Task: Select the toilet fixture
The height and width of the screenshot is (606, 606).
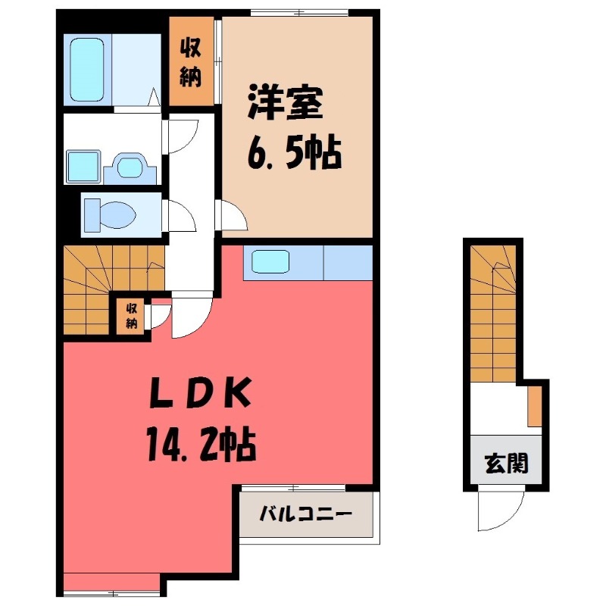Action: click(109, 213)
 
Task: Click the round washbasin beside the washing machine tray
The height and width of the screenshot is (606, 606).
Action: click(130, 167)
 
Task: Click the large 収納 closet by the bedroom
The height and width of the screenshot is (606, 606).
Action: click(191, 63)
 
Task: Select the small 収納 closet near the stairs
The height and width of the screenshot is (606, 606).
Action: click(132, 316)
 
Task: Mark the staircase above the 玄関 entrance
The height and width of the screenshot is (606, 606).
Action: click(492, 311)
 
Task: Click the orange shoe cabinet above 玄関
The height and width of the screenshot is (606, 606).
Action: click(534, 405)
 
